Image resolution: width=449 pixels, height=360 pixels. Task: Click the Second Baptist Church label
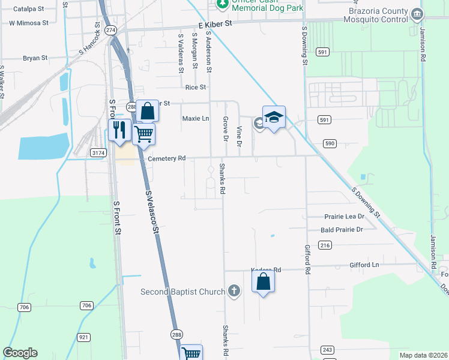pyautogui.click(x=182, y=292)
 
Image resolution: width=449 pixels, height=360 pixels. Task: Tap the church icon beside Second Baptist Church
pyautogui.click(x=234, y=292)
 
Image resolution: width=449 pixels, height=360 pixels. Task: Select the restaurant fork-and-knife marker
pyautogui.click(x=119, y=130)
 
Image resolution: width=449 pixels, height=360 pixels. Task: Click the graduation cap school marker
pyautogui.click(x=274, y=118)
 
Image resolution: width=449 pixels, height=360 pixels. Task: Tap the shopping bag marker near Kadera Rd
pyautogui.click(x=263, y=280)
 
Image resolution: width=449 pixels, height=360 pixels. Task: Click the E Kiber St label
pyautogui.click(x=215, y=25)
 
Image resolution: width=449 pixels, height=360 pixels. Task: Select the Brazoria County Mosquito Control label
pyautogui.click(x=376, y=16)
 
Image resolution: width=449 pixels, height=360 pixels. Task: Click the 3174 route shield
pyautogui.click(x=98, y=154)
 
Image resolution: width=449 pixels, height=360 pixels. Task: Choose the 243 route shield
pyautogui.click(x=327, y=349)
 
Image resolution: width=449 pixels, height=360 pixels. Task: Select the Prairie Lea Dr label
pyautogui.click(x=344, y=216)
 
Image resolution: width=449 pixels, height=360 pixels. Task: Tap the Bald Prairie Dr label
pyautogui.click(x=342, y=230)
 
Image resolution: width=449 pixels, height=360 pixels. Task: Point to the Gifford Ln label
pyautogui.click(x=364, y=265)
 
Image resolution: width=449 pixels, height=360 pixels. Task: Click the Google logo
pyautogui.click(x=20, y=353)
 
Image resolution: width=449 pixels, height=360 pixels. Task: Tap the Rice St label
pyautogui.click(x=196, y=87)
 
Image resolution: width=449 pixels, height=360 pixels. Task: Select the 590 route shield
pyautogui.click(x=330, y=143)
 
